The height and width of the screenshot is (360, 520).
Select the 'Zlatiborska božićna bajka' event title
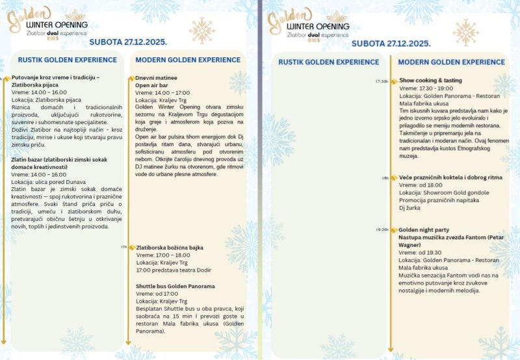pyautogui.click(x=170, y=248)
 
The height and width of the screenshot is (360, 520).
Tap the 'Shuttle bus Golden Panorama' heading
pyautogui.click(x=175, y=286)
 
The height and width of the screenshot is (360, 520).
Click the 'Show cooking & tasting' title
pyautogui.click(x=431, y=81)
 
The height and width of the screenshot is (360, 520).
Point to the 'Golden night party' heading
pyautogui.click(x=424, y=230)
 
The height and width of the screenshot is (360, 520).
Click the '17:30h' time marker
pyautogui.click(x=382, y=81)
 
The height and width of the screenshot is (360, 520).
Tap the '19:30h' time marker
pyautogui.click(x=382, y=230)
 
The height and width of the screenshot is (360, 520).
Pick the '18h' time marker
pyautogui.click(x=385, y=177)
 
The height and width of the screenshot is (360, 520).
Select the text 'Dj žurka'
pyautogui.click(x=410, y=208)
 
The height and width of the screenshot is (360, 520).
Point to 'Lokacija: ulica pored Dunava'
pyautogui.click(x=47, y=181)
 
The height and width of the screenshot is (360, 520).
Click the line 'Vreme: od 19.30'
pyautogui.click(x=421, y=252)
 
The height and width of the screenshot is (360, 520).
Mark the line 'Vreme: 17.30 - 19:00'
pyautogui.click(x=426, y=88)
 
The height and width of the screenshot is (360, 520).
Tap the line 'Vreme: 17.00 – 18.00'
pyautogui.click(x=163, y=255)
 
